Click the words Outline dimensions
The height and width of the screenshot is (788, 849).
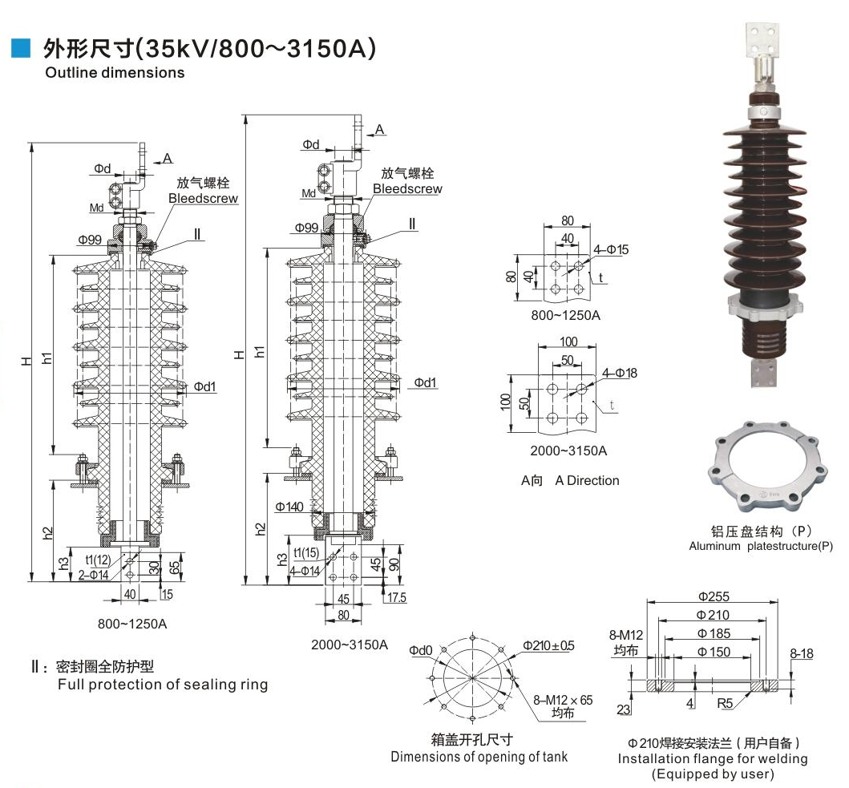tap(115, 73)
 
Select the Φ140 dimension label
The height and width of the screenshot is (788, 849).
tap(289, 507)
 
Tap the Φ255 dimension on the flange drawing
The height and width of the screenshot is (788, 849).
tap(713, 596)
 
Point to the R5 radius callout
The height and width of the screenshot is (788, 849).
tap(725, 704)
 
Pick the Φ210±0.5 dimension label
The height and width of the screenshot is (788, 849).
tap(549, 646)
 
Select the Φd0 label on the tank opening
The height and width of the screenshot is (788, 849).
tap(420, 650)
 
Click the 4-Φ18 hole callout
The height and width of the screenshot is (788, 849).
tap(620, 373)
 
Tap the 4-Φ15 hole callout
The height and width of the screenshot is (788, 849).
tap(612, 249)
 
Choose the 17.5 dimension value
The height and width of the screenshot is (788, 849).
tap(397, 597)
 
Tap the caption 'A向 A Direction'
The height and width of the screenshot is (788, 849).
tap(570, 481)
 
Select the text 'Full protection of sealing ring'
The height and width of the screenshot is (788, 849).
tap(163, 685)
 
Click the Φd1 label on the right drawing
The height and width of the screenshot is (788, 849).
tap(426, 382)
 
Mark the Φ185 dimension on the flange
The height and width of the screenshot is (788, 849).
tap(713, 634)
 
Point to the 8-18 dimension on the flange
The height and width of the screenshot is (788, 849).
tap(801, 654)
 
